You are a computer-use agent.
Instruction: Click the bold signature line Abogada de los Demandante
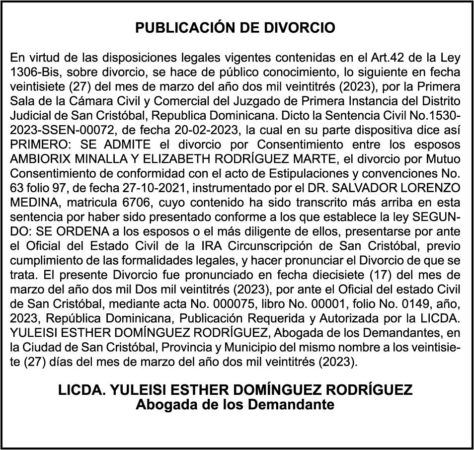click(x=235, y=404)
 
